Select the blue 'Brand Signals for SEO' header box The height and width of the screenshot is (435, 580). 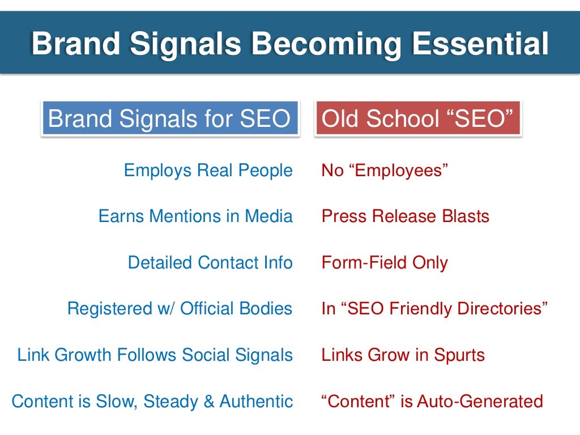(169, 119)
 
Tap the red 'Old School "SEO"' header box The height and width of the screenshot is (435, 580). (418, 119)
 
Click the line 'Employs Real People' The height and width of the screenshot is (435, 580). (208, 170)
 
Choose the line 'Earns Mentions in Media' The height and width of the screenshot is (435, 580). (195, 216)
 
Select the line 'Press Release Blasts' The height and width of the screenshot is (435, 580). (405, 216)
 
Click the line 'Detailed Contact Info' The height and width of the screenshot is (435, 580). (210, 263)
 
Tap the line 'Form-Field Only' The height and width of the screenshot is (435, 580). (385, 263)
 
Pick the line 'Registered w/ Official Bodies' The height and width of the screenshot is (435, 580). (180, 309)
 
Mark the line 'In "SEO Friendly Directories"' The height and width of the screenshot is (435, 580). (435, 309)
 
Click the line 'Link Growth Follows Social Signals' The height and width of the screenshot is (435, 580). (155, 355)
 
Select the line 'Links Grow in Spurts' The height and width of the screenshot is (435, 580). (403, 355)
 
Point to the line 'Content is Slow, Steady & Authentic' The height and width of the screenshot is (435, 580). (152, 402)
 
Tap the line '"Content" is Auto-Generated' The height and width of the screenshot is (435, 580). (432, 402)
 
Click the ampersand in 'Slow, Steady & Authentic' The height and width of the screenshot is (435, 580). (208, 402)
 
